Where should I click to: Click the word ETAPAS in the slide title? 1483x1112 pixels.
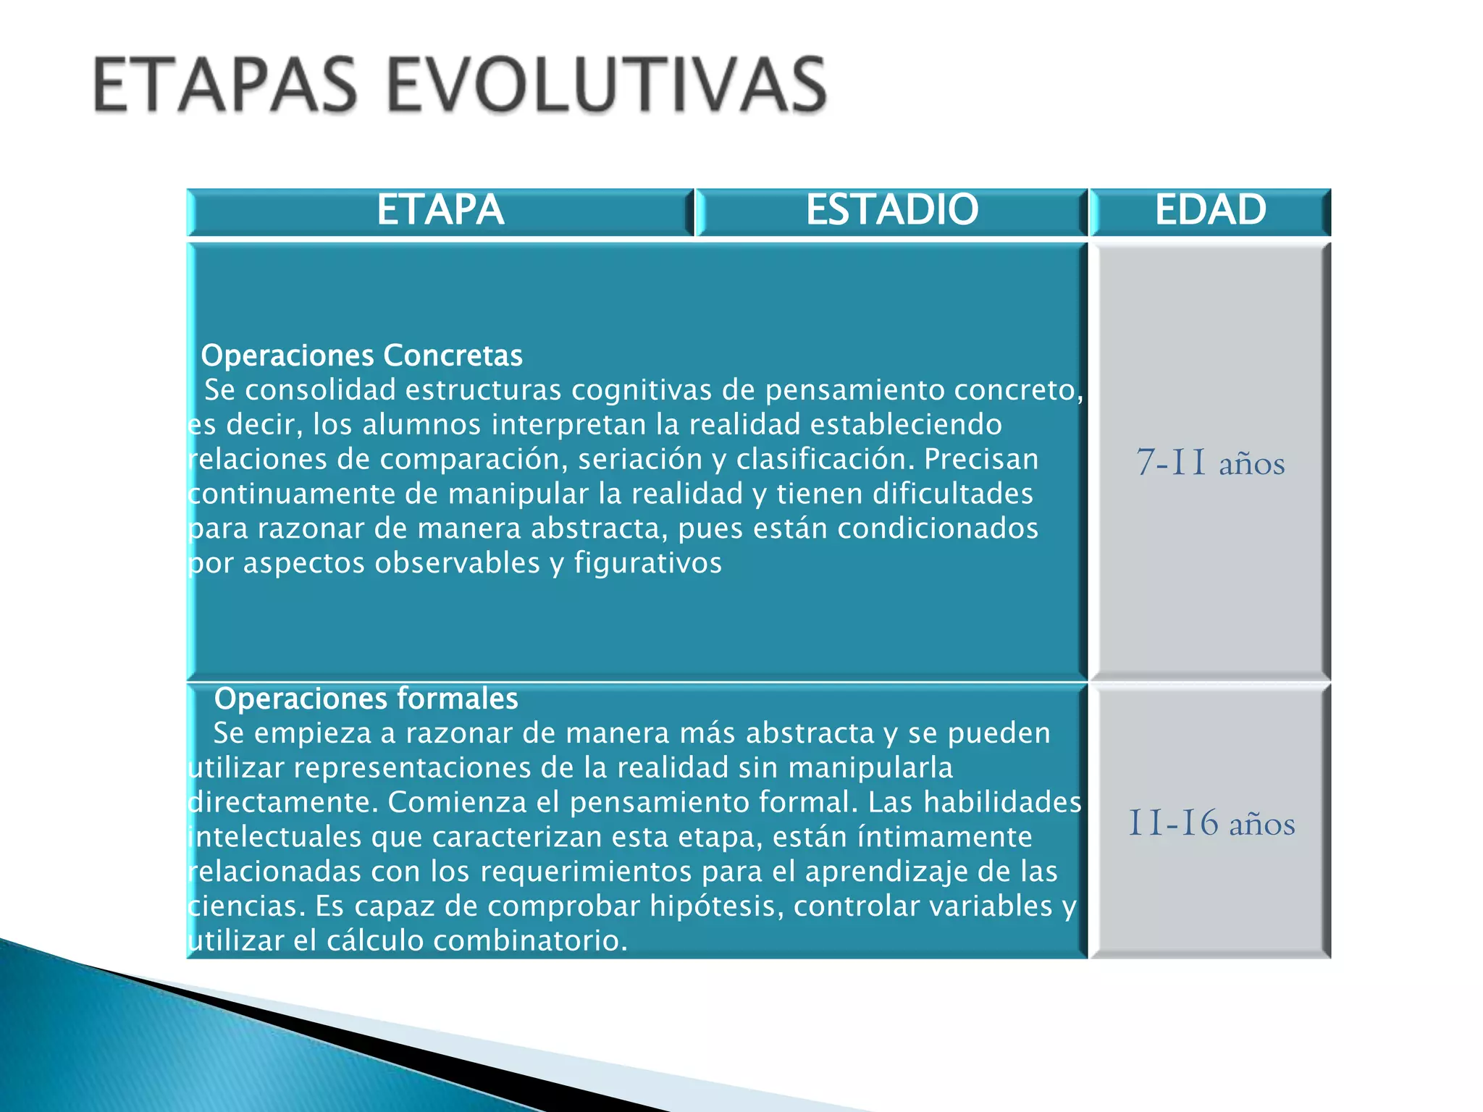click(x=225, y=85)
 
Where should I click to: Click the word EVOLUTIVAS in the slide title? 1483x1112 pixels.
click(x=607, y=85)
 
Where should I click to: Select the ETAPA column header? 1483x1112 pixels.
click(x=440, y=211)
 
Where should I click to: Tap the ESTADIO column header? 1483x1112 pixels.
click(x=891, y=211)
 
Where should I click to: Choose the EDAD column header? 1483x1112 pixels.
click(x=1210, y=211)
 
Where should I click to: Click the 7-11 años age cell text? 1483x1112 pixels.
click(x=1210, y=463)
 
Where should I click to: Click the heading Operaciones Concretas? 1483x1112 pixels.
click(x=361, y=355)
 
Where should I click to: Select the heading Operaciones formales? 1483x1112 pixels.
click(x=366, y=699)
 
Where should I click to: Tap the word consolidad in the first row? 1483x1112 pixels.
click(x=321, y=390)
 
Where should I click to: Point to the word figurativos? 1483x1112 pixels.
click(x=648, y=563)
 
